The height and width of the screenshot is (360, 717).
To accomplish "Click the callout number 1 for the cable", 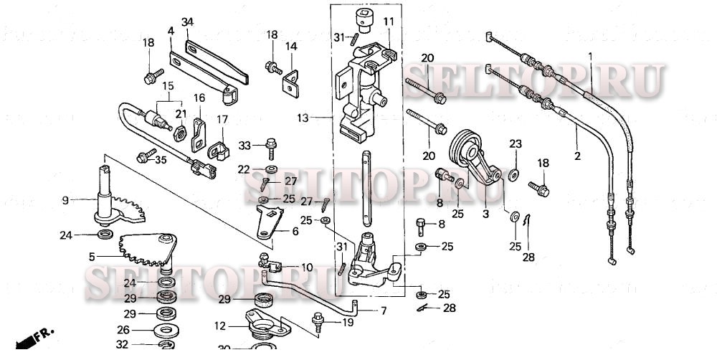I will (x=590, y=55).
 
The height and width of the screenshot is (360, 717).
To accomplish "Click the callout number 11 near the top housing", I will (x=388, y=22).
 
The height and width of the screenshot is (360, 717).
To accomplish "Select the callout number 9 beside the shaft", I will (x=65, y=200).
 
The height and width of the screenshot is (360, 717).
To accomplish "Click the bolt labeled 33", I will (x=271, y=147).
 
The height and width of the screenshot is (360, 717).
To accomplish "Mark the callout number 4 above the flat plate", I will (x=171, y=31).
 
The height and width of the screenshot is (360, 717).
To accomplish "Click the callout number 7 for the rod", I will (x=383, y=311).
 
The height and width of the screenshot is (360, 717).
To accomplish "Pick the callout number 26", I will (x=123, y=330).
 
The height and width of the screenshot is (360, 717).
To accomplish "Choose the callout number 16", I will (x=199, y=98).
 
